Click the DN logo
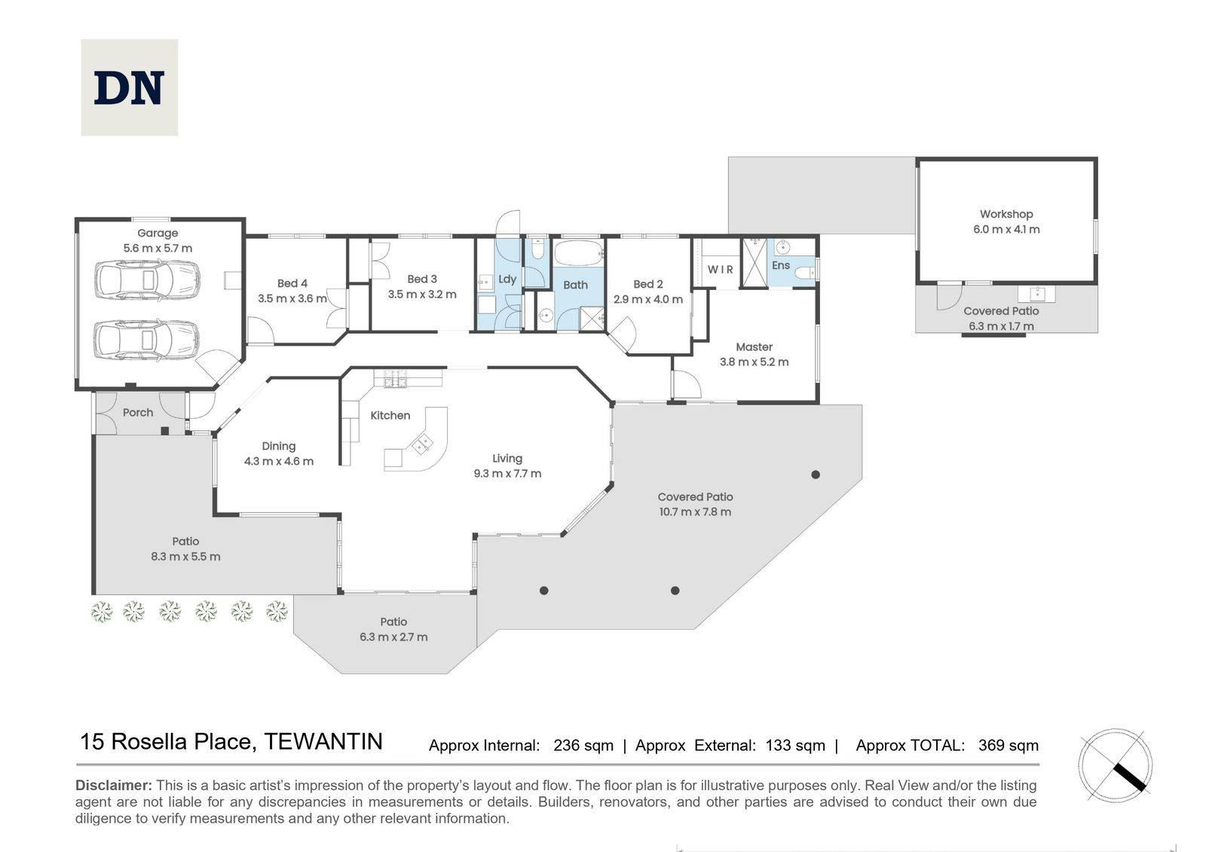(x=129, y=87)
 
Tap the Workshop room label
(x=1006, y=214)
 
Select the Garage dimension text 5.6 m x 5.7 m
(x=158, y=248)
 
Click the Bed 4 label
(x=292, y=283)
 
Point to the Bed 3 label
(x=422, y=279)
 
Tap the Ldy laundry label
(x=507, y=279)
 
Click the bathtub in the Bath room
(x=579, y=252)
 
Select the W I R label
(x=721, y=269)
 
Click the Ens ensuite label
(x=781, y=265)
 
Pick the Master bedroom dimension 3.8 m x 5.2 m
(x=755, y=362)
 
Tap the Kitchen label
(x=390, y=416)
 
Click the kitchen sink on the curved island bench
(x=422, y=444)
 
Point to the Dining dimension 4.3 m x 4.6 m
(x=279, y=461)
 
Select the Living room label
(x=507, y=459)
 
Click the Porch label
(x=138, y=412)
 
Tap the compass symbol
(x=1115, y=765)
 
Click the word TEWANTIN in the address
(x=323, y=742)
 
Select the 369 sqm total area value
(x=1009, y=746)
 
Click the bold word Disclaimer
(x=114, y=785)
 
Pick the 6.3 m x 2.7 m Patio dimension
(x=393, y=637)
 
